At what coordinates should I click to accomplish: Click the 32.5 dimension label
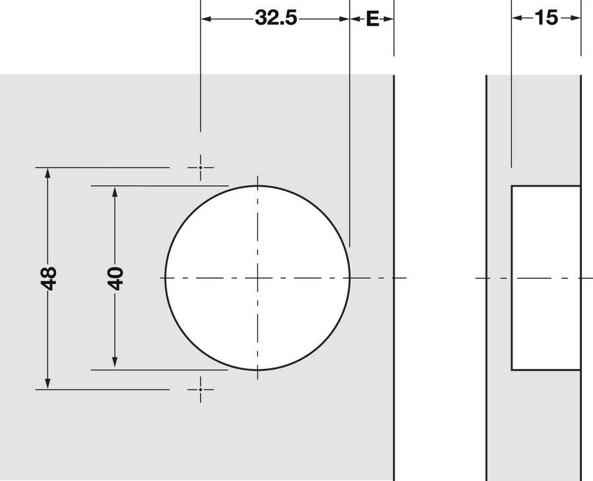pyautogui.click(x=276, y=18)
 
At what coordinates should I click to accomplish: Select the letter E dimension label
pyautogui.click(x=372, y=19)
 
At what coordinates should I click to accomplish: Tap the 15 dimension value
pyautogui.click(x=546, y=18)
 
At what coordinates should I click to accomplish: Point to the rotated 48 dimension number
pyautogui.click(x=48, y=277)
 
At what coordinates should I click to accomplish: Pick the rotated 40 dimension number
pyautogui.click(x=115, y=278)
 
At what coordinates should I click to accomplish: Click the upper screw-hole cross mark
pyautogui.click(x=201, y=167)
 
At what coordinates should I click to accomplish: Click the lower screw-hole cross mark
pyautogui.click(x=201, y=389)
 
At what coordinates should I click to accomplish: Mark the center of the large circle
pyautogui.click(x=257, y=278)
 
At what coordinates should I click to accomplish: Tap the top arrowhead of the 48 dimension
pyautogui.click(x=47, y=173)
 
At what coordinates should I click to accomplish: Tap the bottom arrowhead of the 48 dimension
pyautogui.click(x=47, y=383)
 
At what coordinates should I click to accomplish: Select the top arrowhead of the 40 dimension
pyautogui.click(x=115, y=192)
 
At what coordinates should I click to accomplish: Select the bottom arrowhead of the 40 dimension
pyautogui.click(x=115, y=364)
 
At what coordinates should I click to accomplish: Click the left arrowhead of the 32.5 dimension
pyautogui.click(x=206, y=19)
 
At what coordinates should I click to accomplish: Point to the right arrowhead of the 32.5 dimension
pyautogui.click(x=344, y=19)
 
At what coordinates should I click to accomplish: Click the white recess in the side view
pyautogui.click(x=546, y=277)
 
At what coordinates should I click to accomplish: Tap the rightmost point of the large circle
pyautogui.click(x=350, y=278)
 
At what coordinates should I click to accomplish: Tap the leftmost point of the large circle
pyautogui.click(x=165, y=278)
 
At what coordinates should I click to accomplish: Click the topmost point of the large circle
pyautogui.click(x=257, y=186)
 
